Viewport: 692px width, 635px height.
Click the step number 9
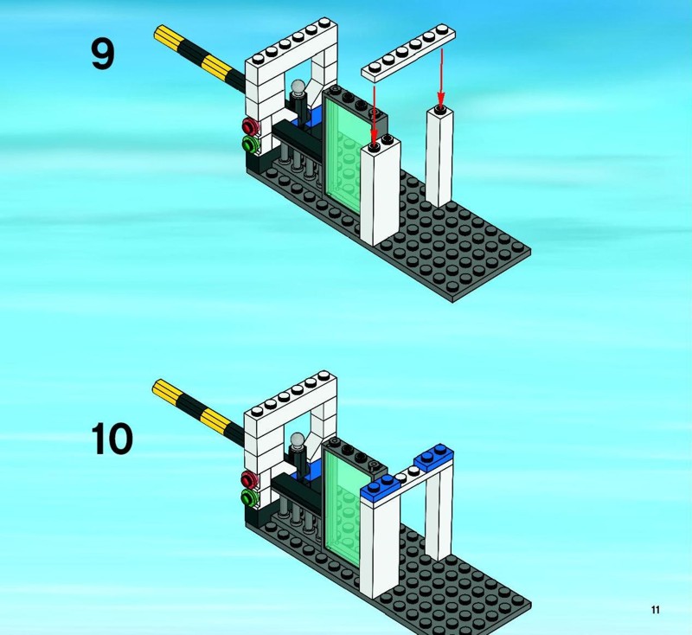click(x=103, y=54)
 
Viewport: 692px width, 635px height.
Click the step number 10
click(x=112, y=439)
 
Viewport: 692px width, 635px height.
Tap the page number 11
click(x=655, y=609)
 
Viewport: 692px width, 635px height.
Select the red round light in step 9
click(x=250, y=126)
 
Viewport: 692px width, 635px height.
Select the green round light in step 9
click(x=251, y=144)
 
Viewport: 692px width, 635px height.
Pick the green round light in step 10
click(x=250, y=497)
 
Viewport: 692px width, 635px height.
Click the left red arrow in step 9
click(x=375, y=116)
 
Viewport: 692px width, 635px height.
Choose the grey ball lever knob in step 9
click(x=298, y=87)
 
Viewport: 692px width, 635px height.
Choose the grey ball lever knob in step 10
click(x=298, y=440)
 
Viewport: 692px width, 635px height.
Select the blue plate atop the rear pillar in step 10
click(x=433, y=457)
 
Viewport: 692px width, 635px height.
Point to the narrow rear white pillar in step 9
click(x=439, y=156)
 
